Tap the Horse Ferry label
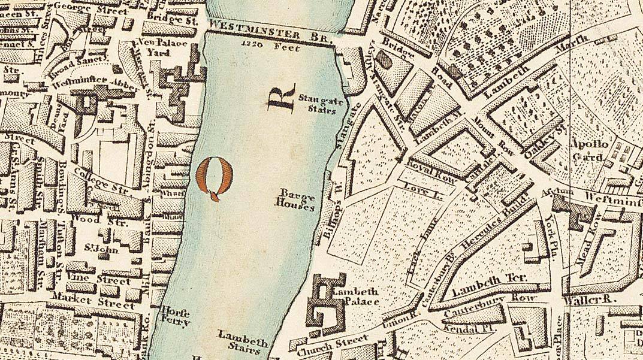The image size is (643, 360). [176, 316]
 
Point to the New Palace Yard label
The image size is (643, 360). [155, 48]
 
